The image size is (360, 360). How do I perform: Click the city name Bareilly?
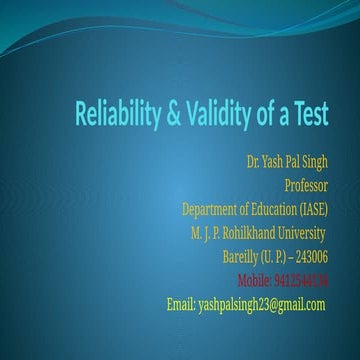click(244, 255)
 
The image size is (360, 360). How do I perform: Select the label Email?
click(181, 302)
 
